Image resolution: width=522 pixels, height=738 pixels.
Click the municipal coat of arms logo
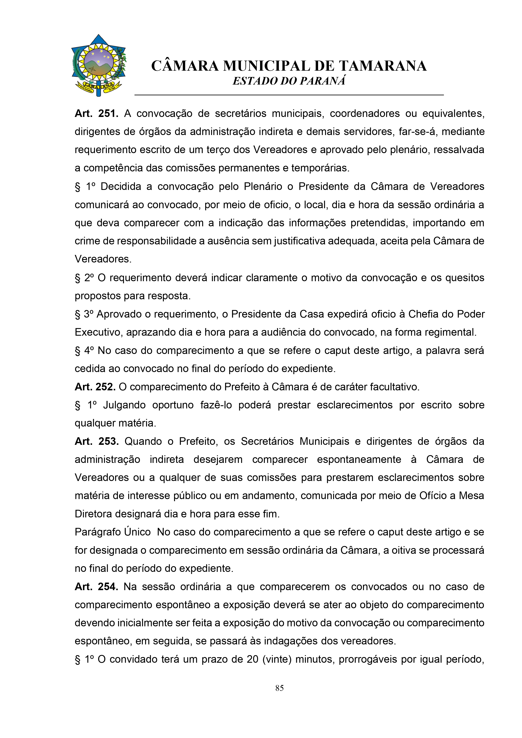pyautogui.click(x=98, y=65)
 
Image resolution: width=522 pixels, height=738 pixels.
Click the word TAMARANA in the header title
pyautogui.click(x=383, y=66)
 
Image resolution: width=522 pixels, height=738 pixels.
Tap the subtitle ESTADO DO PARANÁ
pyautogui.click(x=289, y=81)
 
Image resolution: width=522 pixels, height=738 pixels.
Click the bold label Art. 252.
pyautogui.click(x=95, y=387)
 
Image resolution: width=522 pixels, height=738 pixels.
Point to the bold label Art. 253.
pyautogui.click(x=97, y=441)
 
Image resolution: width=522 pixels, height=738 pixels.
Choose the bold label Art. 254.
pyautogui.click(x=96, y=587)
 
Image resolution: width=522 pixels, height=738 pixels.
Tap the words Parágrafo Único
pyautogui.click(x=113, y=532)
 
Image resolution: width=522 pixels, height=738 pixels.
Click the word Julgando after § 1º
pyautogui.click(x=124, y=405)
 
